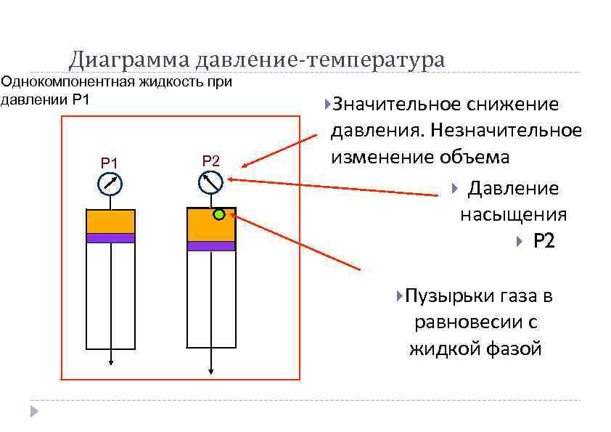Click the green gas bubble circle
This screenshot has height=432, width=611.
218,215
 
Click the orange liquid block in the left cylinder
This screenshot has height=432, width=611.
110,221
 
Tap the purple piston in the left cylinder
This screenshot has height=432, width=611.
110,237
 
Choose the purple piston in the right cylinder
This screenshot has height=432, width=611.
211,245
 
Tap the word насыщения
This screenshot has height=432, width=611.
513,215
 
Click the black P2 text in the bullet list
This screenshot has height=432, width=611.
544,241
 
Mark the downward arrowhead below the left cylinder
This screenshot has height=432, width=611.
110,361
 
